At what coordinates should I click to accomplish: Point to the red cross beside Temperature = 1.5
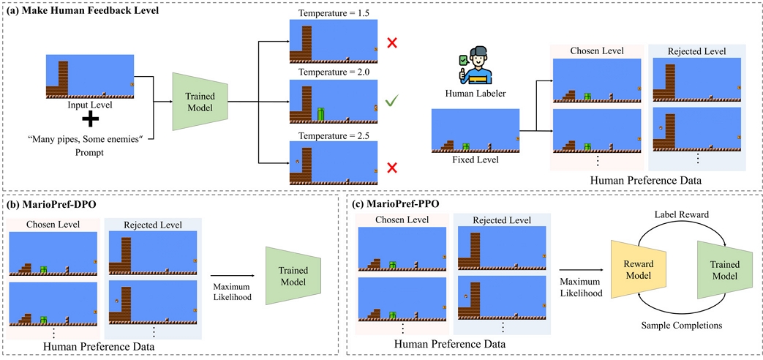[x=393, y=43]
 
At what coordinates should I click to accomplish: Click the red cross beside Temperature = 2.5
[x=393, y=168]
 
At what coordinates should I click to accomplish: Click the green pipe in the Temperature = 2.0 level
[x=320, y=114]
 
